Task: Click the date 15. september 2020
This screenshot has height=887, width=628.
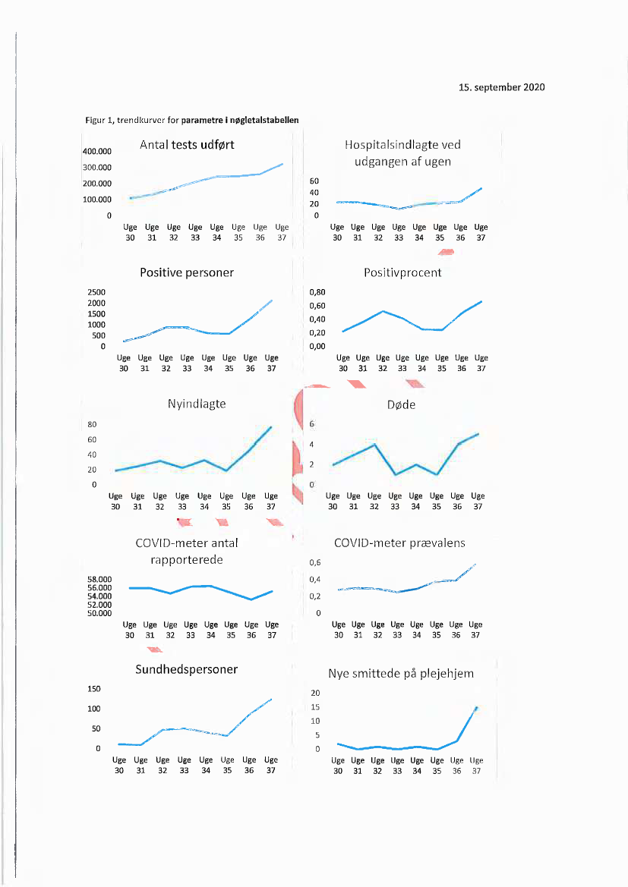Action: pyautogui.click(x=502, y=87)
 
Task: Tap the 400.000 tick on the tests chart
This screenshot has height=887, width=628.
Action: pyautogui.click(x=96, y=151)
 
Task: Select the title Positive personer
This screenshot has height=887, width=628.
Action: pyautogui.click(x=187, y=272)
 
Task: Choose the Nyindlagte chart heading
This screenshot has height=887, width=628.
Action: pyautogui.click(x=197, y=404)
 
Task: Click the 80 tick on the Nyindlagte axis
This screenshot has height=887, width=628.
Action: pyautogui.click(x=91, y=424)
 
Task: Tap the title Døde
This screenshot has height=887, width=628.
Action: pyautogui.click(x=402, y=404)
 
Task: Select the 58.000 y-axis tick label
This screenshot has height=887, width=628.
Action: pyautogui.click(x=100, y=579)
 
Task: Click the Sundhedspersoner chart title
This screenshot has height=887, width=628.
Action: pyautogui.click(x=187, y=669)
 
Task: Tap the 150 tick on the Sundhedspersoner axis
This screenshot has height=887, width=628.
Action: pyautogui.click(x=93, y=689)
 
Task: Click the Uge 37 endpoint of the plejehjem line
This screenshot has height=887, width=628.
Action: pyautogui.click(x=476, y=707)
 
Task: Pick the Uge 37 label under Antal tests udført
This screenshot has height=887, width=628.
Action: pyautogui.click(x=282, y=231)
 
